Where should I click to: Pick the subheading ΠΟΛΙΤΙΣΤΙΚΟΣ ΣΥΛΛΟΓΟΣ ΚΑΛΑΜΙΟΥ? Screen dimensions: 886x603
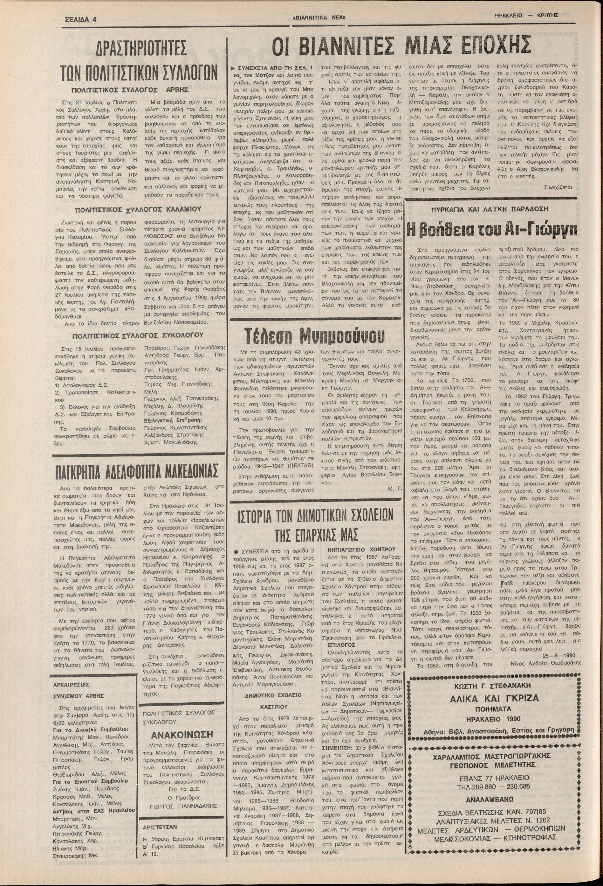click(138, 209)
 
